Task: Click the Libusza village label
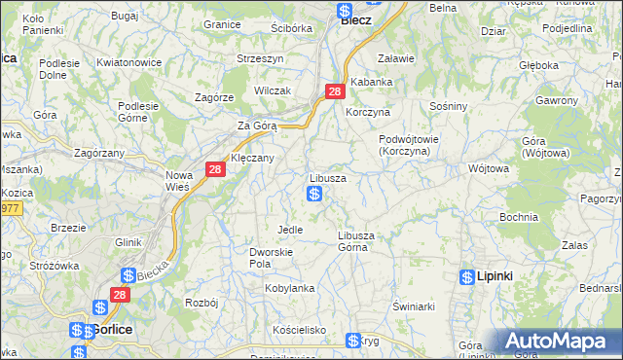(328, 179)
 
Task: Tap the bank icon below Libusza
(314, 195)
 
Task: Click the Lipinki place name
(495, 276)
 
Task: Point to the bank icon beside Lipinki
(467, 276)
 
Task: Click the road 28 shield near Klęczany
(215, 169)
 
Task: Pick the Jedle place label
(290, 230)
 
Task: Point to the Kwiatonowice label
(129, 62)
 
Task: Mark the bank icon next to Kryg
(353, 341)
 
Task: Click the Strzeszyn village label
(260, 58)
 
